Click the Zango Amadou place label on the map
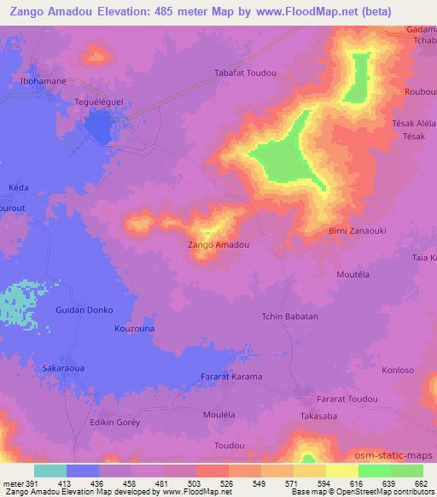[x=218, y=245]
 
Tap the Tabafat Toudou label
[x=246, y=73]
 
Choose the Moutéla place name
[x=353, y=276]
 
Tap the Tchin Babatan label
[x=289, y=316]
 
